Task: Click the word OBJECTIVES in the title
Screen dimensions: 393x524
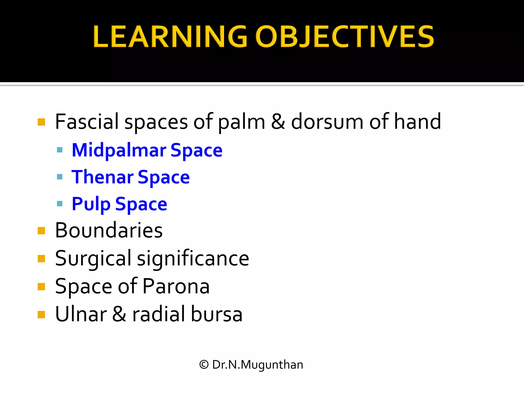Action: (344, 37)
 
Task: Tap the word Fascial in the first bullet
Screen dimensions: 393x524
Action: (87, 122)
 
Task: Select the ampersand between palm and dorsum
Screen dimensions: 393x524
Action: (278, 122)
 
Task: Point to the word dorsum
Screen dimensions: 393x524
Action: (327, 122)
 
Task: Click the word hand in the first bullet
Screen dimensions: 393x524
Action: (418, 122)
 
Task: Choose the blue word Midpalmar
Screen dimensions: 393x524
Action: (119, 150)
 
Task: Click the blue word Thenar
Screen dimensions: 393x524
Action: (102, 177)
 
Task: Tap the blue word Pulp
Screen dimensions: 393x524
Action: (91, 204)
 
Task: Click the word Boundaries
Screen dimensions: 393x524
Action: (109, 230)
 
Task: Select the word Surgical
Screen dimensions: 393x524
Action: (93, 258)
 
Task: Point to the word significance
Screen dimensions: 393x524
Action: (193, 258)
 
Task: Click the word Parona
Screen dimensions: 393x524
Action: (176, 286)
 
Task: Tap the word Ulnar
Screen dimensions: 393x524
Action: (81, 314)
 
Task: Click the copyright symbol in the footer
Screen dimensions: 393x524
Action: (204, 365)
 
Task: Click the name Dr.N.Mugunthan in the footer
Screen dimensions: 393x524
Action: (257, 365)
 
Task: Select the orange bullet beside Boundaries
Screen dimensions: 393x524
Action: (41, 231)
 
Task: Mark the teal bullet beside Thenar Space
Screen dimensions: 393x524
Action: (60, 177)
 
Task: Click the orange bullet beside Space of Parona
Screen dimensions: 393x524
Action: (41, 287)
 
